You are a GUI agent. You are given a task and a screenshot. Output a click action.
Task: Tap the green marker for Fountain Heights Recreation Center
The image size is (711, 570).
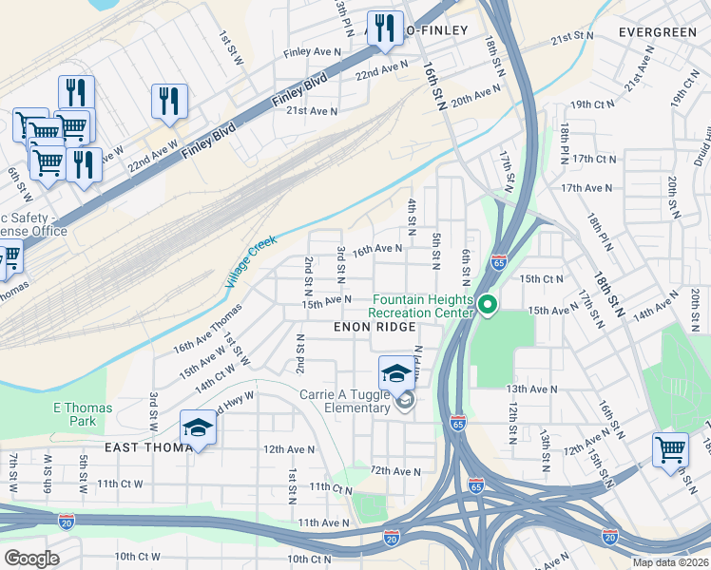[488, 305]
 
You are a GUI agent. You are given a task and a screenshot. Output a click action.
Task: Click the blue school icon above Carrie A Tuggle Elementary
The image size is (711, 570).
[396, 372]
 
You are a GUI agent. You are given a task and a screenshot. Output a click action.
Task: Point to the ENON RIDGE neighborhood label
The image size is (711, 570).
[375, 327]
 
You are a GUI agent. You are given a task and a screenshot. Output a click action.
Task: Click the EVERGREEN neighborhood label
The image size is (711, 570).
[657, 31]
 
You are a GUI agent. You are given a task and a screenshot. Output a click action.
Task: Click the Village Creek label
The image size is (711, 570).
[251, 262]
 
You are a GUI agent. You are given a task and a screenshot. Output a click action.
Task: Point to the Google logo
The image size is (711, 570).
[32, 559]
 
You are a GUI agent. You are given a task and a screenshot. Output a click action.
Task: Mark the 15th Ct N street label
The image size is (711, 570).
[541, 279]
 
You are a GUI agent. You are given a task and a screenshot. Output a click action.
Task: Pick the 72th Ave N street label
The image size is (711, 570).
[394, 471]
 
